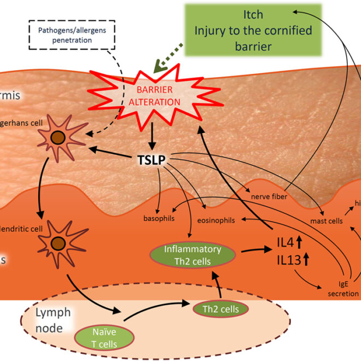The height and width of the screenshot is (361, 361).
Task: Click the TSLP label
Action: pos(150,160)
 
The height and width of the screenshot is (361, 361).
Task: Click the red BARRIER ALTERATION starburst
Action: pos(150,96)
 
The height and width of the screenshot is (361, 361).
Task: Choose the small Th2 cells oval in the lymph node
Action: pos(220,309)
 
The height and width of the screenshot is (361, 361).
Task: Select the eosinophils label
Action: pos(216,221)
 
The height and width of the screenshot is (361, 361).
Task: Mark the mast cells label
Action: pos(327,222)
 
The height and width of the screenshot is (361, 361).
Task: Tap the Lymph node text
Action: pos(53,320)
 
